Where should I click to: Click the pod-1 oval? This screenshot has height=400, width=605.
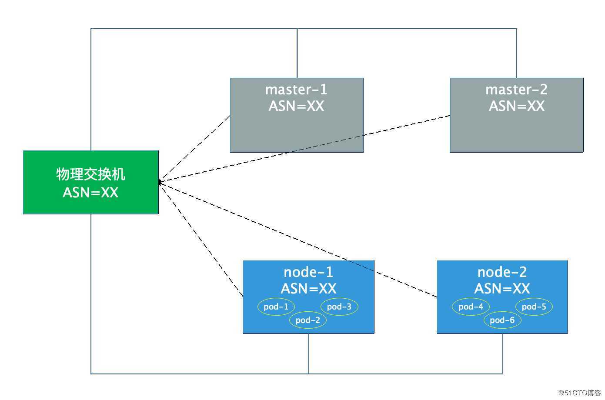click(276, 307)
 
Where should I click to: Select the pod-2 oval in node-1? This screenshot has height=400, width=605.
click(308, 320)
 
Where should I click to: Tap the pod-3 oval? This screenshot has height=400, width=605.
click(339, 307)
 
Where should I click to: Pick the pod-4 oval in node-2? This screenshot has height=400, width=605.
click(471, 307)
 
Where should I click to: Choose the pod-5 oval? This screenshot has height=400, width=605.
click(534, 307)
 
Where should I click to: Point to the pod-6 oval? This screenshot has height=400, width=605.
click(502, 320)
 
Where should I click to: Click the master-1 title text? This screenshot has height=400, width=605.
click(296, 90)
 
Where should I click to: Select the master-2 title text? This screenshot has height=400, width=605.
click(516, 90)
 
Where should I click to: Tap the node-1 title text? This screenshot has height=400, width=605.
click(308, 272)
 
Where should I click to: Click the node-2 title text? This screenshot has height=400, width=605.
click(502, 272)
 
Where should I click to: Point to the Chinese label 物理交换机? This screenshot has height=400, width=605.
click(90, 174)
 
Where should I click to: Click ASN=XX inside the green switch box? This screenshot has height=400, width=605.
click(90, 192)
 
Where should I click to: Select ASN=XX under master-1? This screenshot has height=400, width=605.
click(296, 106)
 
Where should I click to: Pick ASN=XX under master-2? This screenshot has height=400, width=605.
click(516, 106)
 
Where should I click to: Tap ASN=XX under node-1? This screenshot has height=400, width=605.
click(308, 289)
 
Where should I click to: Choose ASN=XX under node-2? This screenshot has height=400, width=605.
click(502, 289)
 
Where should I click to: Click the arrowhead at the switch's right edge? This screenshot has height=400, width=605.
click(160, 183)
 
